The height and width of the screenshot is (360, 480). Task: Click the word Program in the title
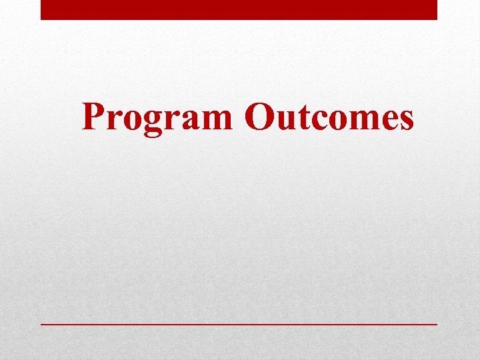pyautogui.click(x=157, y=118)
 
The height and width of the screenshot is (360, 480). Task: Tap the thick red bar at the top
pyautogui.click(x=239, y=9)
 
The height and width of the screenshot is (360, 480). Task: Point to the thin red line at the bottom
pyautogui.click(x=239, y=323)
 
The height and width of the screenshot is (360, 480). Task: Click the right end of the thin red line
pyautogui.click(x=435, y=323)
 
